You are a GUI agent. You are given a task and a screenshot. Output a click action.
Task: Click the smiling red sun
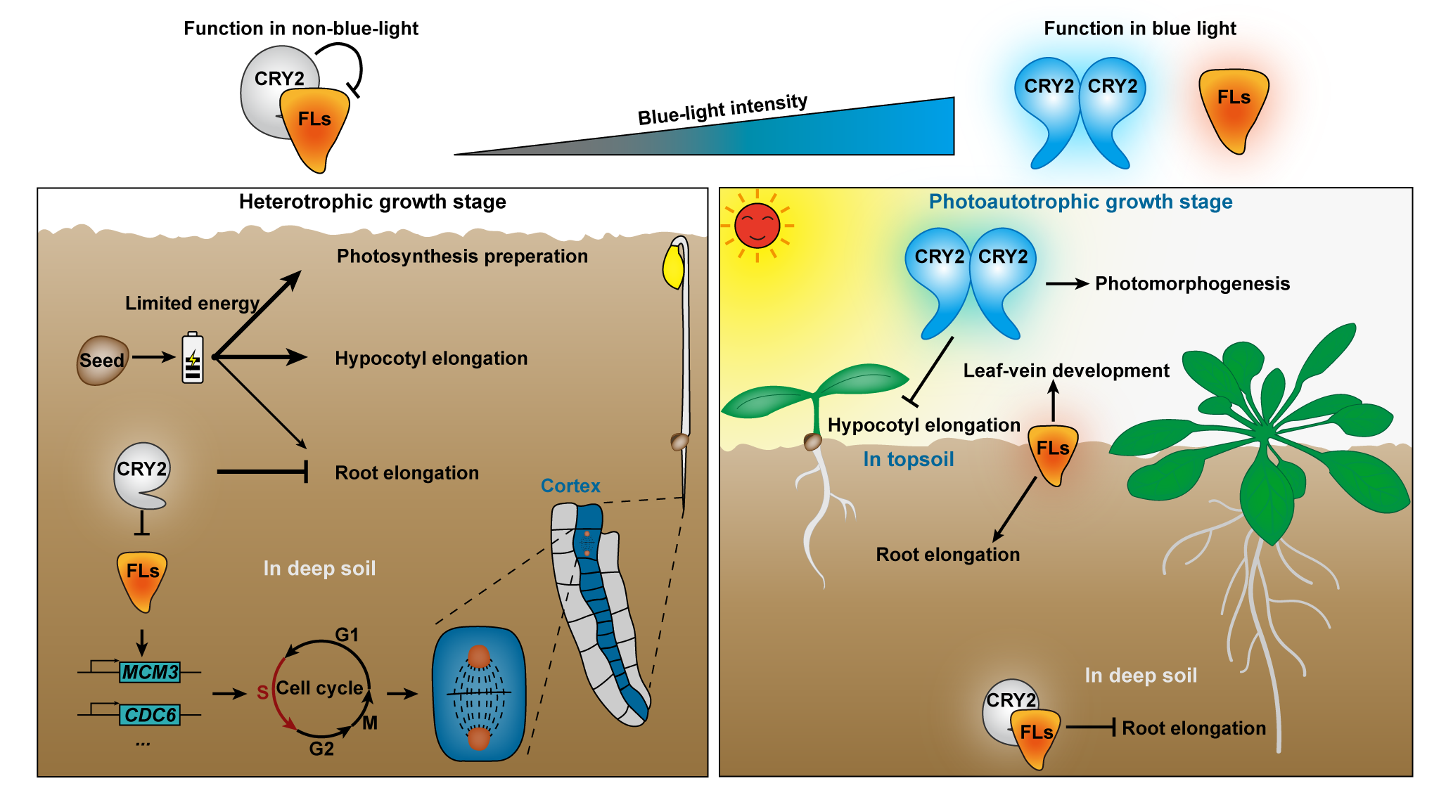coord(757,226)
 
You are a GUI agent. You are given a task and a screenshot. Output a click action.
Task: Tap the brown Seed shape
coord(102,360)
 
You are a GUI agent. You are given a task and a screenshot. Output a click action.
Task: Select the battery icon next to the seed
coord(193,359)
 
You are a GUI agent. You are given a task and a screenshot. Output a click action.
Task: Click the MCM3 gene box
coord(150,672)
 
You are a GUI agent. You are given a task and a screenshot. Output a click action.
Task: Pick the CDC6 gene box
coord(150,715)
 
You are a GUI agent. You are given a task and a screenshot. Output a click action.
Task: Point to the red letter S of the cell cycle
coord(262,692)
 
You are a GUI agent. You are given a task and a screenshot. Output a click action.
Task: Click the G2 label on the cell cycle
coord(321,749)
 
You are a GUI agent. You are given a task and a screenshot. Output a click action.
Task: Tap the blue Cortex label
coord(570,486)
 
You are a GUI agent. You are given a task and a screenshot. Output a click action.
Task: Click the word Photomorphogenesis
coord(1192,283)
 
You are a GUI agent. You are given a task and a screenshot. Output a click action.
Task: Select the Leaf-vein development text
coord(1066,370)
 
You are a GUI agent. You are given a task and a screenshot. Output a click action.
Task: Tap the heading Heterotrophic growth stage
coord(372,202)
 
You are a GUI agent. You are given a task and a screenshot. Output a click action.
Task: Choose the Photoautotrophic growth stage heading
coord(1080,202)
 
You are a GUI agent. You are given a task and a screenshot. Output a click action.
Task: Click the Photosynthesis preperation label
coord(462,256)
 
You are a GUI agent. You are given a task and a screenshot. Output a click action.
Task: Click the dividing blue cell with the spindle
coord(479,694)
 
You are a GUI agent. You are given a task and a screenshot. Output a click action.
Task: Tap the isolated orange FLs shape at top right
coord(1234,109)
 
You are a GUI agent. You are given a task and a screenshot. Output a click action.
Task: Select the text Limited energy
coord(192,303)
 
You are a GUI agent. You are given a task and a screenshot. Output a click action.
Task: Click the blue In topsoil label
coord(908,459)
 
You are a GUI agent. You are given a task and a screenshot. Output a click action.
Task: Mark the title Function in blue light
coord(1139,28)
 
